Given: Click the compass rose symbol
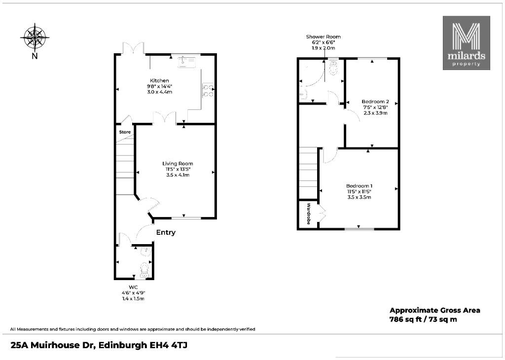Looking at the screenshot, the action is (x=35, y=37).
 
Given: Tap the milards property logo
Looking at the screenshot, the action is (x=467, y=43).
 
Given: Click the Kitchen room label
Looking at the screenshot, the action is (x=159, y=80).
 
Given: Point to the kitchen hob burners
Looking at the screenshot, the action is (x=208, y=90).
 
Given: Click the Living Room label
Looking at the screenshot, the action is (x=178, y=164).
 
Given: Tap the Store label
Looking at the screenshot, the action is (x=125, y=132).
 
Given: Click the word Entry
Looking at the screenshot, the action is (x=166, y=232).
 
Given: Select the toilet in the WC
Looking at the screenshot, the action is (x=144, y=270).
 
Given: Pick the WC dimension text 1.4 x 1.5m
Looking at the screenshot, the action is (x=133, y=298).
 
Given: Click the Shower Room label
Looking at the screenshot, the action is (x=324, y=36).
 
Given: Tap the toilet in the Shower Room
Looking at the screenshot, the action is (x=333, y=67).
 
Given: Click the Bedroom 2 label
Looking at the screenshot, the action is (x=375, y=102).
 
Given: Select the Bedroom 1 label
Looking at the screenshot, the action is (x=360, y=186).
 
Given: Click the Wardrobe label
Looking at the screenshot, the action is (x=309, y=214).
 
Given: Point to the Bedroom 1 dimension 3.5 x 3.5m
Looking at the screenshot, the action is (x=360, y=197).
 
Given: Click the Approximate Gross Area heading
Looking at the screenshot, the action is (x=435, y=310).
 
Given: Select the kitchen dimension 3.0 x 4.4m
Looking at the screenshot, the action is (x=159, y=92).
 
